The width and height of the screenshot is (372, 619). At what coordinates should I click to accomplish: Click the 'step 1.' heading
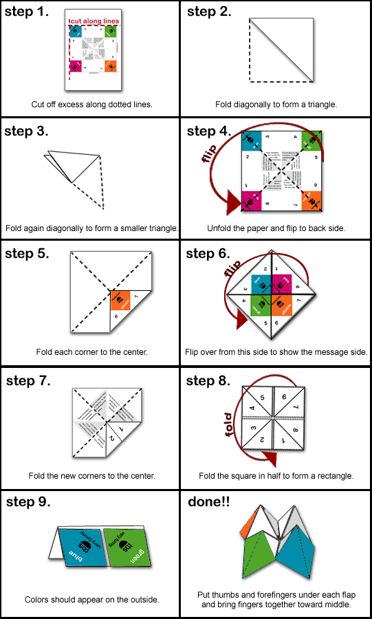[x=27, y=12]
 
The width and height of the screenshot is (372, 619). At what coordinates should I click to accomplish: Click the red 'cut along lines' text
[x=94, y=21]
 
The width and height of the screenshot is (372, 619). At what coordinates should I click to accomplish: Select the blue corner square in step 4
[x=252, y=141]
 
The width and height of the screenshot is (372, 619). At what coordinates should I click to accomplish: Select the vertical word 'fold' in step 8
[x=229, y=424]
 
